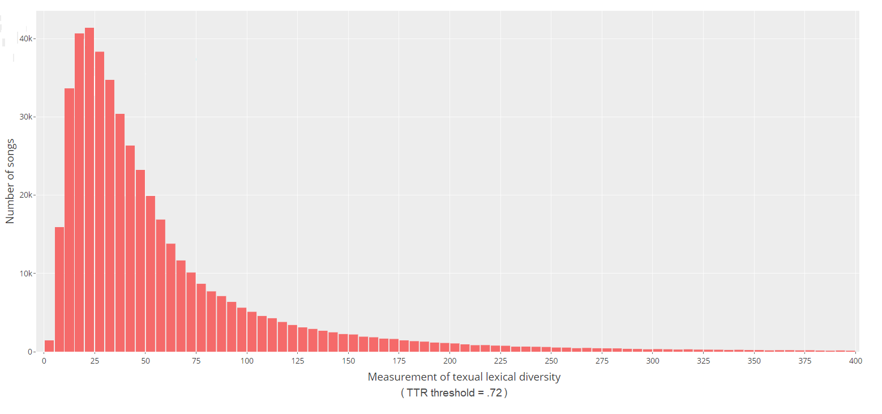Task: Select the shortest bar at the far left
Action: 49,346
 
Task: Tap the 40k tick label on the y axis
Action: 28,39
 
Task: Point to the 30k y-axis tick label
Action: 28,117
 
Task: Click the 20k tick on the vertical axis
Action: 28,195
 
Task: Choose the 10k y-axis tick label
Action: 28,274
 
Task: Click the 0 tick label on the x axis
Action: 44,360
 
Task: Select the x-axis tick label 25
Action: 95,360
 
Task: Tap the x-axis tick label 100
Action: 247,360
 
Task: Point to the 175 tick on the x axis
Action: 399,360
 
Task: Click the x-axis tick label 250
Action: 551,360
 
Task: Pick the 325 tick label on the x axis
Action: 704,360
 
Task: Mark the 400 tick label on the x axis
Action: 856,360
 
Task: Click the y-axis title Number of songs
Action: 11,181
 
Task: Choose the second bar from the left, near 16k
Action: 59,289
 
